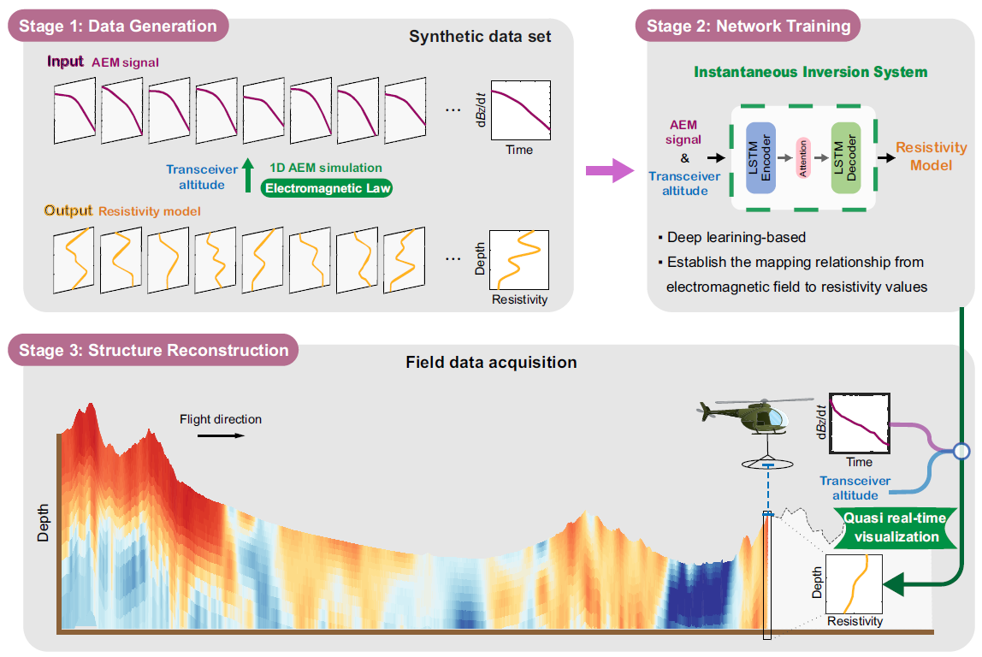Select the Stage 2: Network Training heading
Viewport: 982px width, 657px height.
[748, 26]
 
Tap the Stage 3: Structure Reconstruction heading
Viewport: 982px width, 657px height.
[155, 350]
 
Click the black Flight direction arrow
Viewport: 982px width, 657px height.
[221, 435]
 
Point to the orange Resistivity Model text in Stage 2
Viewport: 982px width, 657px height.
[931, 157]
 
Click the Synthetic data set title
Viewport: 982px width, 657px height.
[479, 37]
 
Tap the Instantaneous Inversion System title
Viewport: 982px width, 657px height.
[810, 72]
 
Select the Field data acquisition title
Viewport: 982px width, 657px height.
[491, 362]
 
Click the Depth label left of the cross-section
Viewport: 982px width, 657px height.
[44, 524]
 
